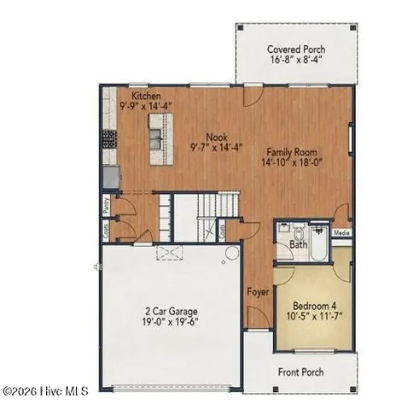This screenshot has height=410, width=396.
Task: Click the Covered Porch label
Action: click(295, 50)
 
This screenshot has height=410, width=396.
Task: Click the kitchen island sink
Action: click(156, 132)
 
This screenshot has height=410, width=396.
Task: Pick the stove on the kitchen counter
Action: click(109, 138)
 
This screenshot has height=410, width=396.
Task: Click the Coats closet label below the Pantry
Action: click(104, 230)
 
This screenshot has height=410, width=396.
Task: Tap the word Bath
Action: click(298, 245)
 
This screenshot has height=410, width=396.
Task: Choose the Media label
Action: click(341, 231)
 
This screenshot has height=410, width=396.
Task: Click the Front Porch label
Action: click(300, 372)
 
